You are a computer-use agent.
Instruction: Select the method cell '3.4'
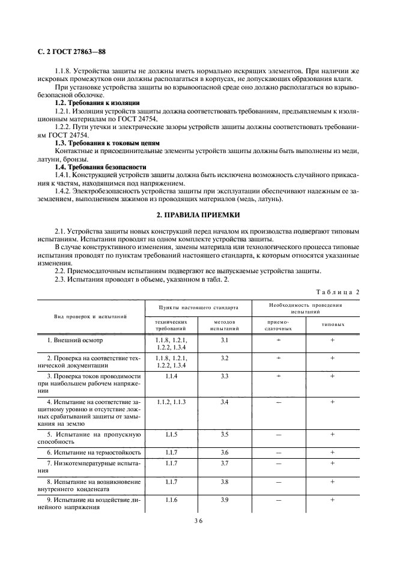coord(225,401)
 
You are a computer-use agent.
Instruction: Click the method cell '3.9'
coord(225,500)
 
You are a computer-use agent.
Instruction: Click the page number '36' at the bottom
coord(198,522)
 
